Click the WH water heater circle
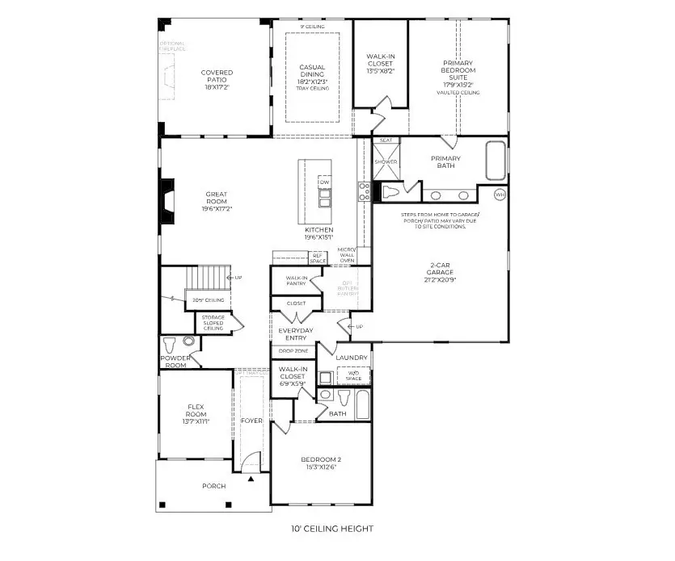tap(500, 195)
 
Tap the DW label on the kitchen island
tap(325, 182)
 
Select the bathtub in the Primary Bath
tap(495, 160)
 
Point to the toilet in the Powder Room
tap(169, 342)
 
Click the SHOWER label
tap(386, 161)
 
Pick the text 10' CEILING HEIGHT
tap(332, 530)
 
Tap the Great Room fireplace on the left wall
tap(167, 198)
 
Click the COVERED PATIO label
tap(217, 77)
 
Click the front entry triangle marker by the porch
tap(251, 479)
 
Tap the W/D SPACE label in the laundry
tap(352, 376)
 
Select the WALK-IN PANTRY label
tap(296, 281)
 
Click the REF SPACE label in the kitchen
tap(318, 258)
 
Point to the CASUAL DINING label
tap(312, 72)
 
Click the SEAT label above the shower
tap(386, 140)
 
